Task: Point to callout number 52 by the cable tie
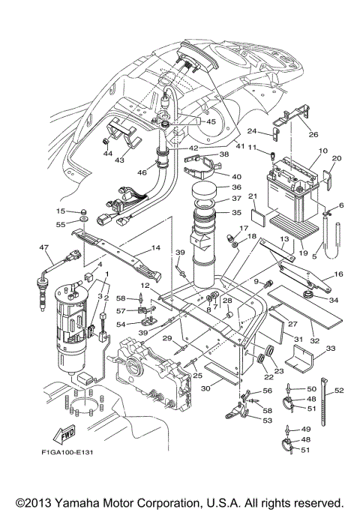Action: pyautogui.click(x=340, y=391)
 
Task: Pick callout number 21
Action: pyautogui.click(x=252, y=197)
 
